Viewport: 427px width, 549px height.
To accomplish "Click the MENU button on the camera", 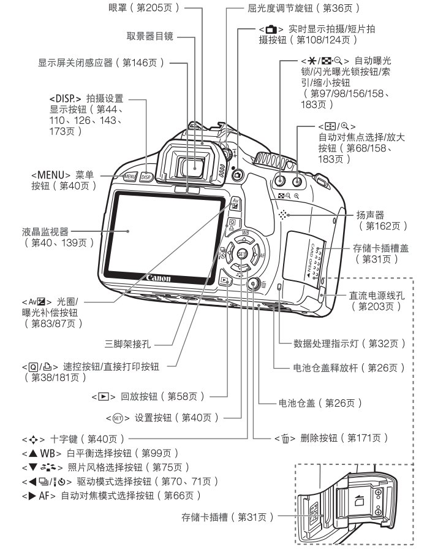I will coord(129,177).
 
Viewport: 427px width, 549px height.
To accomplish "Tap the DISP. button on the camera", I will coord(146,177).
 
